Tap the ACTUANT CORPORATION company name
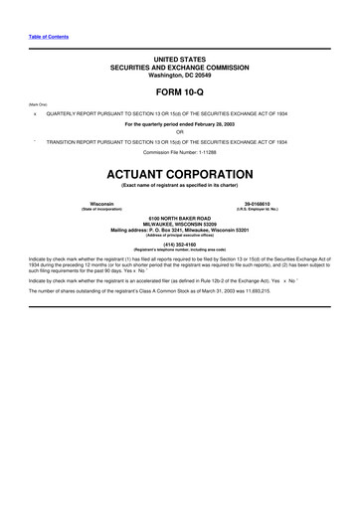tap(179, 171)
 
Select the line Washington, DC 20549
tap(179, 75)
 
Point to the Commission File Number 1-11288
tap(179, 152)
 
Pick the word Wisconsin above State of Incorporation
tap(101, 203)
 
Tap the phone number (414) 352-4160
tap(179, 242)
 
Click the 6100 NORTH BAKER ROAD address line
tap(179, 218)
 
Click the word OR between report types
tap(179, 133)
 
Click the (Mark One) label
tap(40, 103)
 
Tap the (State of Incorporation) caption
tap(101, 209)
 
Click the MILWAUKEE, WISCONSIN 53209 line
tap(179, 224)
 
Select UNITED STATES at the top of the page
tap(179, 61)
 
